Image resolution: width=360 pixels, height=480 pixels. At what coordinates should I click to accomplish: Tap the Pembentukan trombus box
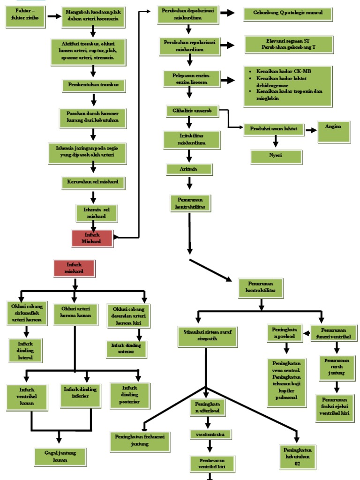click(94, 85)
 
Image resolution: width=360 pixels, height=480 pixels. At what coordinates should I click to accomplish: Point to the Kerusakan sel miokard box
click(94, 182)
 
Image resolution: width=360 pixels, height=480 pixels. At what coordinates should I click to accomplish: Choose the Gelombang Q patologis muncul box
click(288, 15)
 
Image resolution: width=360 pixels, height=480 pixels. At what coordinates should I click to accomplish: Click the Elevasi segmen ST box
click(289, 45)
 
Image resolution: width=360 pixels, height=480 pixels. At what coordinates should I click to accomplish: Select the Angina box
click(334, 132)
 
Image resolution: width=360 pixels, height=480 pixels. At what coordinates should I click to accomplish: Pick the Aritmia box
click(189, 169)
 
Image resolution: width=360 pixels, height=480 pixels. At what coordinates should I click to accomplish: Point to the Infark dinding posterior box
click(131, 395)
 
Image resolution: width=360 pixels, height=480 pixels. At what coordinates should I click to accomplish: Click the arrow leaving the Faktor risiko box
click(54, 16)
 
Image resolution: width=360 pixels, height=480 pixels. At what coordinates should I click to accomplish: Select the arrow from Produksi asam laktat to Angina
click(311, 130)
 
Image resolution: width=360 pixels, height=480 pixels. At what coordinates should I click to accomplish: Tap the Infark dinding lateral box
click(25, 350)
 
